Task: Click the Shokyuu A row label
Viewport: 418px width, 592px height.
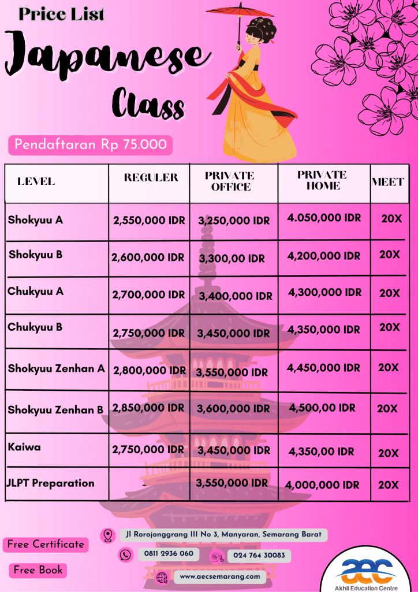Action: [35, 220]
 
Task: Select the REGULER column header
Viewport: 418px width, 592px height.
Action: [151, 177]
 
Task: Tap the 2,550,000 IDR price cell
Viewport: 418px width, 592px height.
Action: [148, 220]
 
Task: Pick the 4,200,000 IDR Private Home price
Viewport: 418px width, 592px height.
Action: [323, 256]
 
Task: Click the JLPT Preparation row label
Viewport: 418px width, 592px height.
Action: [50, 483]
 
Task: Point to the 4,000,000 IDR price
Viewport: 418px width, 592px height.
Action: [323, 485]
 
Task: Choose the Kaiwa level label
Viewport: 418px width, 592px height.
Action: [24, 447]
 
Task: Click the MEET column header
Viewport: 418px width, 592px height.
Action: [388, 182]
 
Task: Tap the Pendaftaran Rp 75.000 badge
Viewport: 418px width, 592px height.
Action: [90, 145]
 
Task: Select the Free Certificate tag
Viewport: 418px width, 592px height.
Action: [46, 545]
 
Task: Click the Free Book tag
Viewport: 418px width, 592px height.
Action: [38, 570]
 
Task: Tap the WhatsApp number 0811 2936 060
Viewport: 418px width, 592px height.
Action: [166, 553]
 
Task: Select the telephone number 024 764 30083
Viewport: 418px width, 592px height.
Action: [259, 556]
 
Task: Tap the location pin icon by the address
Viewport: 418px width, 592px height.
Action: [107, 535]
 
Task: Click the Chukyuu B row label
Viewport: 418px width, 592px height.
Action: [35, 327]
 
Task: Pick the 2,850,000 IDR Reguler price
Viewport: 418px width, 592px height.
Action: [149, 408]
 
